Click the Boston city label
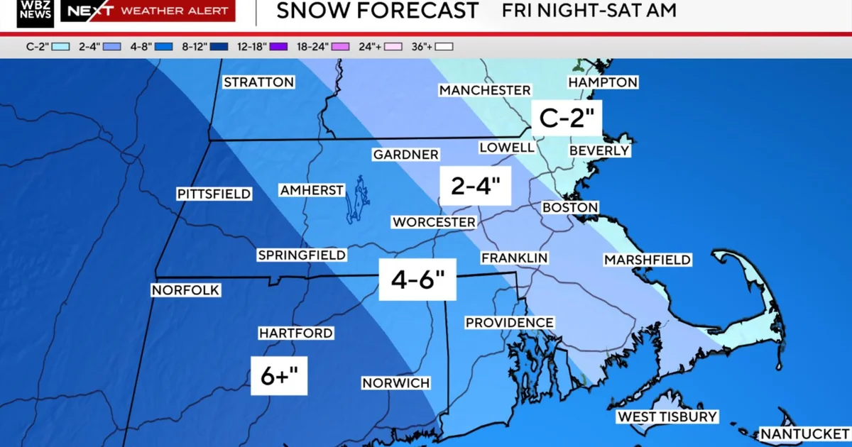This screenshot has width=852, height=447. coord(570,207)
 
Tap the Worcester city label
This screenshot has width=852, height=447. coord(434,222)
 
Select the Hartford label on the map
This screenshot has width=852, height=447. coord(295,333)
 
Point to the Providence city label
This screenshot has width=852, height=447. coord(509,323)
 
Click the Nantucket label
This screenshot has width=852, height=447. coord(804,434)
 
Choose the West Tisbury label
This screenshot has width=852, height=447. coord(667,416)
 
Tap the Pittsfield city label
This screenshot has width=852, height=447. coord(214,194)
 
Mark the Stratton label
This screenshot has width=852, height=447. coord(258,82)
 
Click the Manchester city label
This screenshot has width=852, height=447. coord(485,90)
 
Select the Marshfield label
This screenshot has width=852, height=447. coord(647,260)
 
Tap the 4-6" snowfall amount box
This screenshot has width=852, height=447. coord(417,280)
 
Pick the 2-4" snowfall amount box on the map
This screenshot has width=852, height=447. coord(476,186)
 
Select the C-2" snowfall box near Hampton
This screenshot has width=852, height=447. coord(567,117)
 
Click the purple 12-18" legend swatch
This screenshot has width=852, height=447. coord(278,47)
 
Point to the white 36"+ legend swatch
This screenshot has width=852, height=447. coord(445,47)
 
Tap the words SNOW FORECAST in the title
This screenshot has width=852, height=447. coord(377,11)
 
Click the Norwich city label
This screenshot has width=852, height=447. coord(395,383)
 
